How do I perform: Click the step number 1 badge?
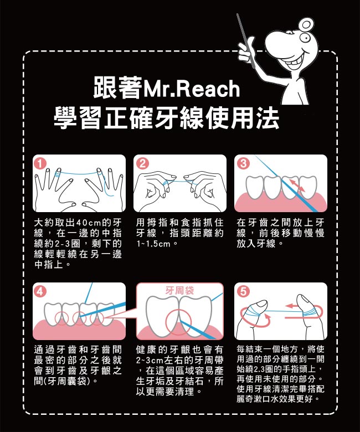(x=40, y=164)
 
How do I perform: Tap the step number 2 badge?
(x=142, y=163)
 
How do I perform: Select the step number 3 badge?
(x=243, y=163)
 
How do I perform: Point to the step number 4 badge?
(x=40, y=291)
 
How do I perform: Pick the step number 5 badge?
(x=243, y=291)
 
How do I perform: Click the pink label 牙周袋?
(x=179, y=290)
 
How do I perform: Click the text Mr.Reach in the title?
(x=191, y=89)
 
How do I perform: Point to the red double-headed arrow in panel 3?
(x=297, y=184)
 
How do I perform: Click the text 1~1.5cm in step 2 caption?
(x=153, y=244)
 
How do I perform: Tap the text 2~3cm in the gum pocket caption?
(x=150, y=361)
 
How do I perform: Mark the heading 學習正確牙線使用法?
(x=166, y=118)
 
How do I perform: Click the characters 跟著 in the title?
(x=117, y=88)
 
